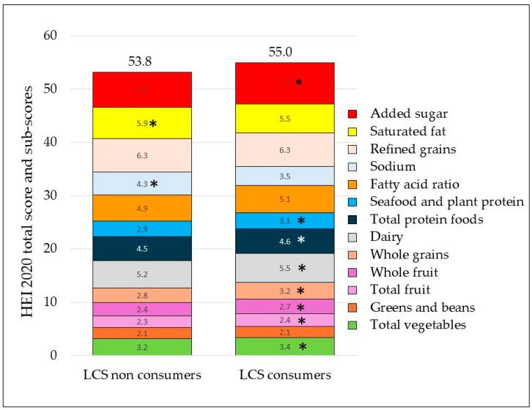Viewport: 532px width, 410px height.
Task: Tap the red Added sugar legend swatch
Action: [352, 114]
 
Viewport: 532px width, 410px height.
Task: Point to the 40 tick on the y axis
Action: [59, 142]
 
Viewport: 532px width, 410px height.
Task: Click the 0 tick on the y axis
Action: [62, 356]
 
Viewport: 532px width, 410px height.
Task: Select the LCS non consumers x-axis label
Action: [142, 376]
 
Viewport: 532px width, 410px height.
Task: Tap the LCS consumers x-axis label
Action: [284, 376]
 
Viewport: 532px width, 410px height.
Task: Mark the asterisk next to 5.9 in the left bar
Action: [153, 124]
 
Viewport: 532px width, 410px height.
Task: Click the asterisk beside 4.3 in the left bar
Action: [154, 184]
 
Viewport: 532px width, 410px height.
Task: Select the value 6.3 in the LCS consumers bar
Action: [284, 150]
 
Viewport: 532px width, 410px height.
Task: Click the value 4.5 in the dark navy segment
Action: [142, 248]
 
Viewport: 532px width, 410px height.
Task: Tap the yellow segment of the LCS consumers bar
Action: [284, 118]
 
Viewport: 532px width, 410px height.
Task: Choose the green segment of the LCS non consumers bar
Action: [142, 347]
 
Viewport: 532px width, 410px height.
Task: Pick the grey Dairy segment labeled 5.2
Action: [142, 275]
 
